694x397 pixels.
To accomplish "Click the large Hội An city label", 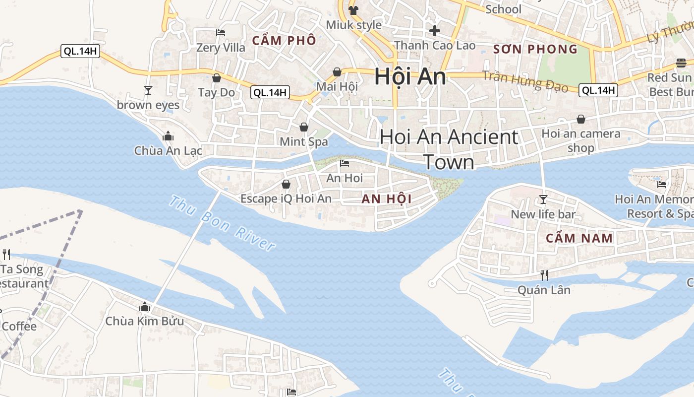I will pos(410,77).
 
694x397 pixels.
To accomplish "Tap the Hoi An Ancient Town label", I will pos(449,149).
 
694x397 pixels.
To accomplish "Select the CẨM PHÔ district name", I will pos(284,41).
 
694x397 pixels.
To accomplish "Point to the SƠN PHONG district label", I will pos(536,49).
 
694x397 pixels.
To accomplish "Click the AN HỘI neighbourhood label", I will pos(387,199).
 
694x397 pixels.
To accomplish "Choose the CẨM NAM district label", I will pos(579,238).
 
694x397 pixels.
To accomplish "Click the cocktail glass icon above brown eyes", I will pos(148,90).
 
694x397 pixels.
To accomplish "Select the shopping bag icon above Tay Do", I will pos(216,78).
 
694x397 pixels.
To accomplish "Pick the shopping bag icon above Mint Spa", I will pos(304,127).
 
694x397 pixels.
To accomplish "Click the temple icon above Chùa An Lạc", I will pos(168,136).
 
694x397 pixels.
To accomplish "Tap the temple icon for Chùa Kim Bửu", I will pos(145,307).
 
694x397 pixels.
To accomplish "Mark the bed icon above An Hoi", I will pos(345,163).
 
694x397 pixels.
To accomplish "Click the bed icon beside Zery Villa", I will pos(221,33).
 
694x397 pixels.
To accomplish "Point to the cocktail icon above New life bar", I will pos(543,199).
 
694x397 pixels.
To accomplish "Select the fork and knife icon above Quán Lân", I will pos(544,275).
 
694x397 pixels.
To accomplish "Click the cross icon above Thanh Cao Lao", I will pos(435,31).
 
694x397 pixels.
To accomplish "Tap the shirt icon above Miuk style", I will pos(353,10).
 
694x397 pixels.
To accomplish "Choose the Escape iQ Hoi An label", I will pos(286,198).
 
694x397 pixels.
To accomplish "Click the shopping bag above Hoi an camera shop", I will pos(580,119).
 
